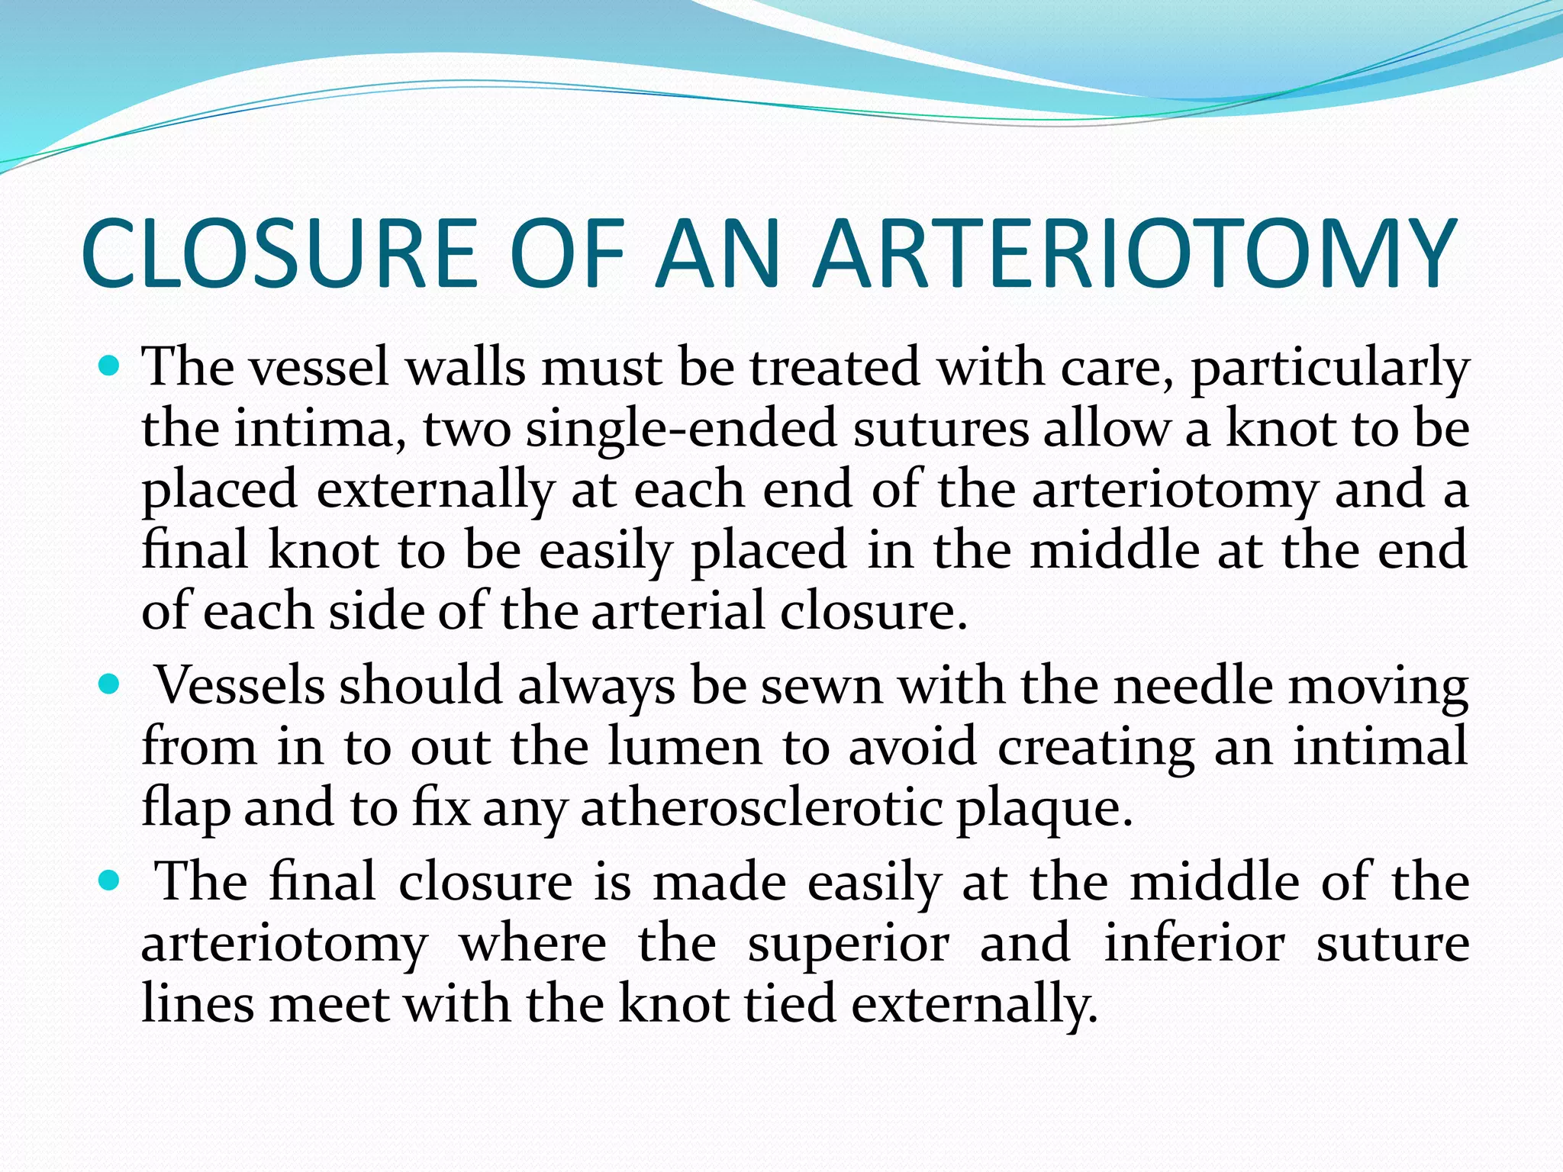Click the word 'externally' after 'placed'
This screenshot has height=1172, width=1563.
(x=435, y=490)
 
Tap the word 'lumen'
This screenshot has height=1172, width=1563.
(x=685, y=746)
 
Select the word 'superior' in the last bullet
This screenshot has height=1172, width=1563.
(x=848, y=945)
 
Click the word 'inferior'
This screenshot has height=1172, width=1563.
(x=1194, y=943)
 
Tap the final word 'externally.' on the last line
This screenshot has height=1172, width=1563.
(x=974, y=1004)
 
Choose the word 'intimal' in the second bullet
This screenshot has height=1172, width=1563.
(x=1380, y=746)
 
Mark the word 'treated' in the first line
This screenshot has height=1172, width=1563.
(x=834, y=368)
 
